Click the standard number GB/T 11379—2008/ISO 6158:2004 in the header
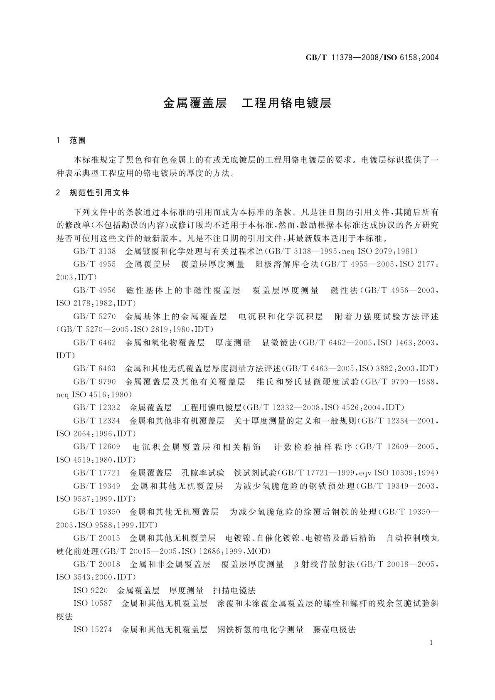click(372, 58)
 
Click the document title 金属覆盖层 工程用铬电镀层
click(247, 103)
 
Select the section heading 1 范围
click(71, 140)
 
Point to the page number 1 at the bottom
click(432, 643)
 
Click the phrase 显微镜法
click(279, 343)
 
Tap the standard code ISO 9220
click(90, 590)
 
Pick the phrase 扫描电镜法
click(234, 590)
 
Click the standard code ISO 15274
click(93, 629)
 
